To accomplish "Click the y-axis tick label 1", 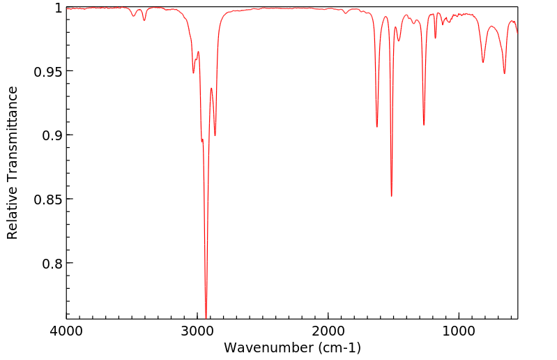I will pyautogui.click(x=58, y=8).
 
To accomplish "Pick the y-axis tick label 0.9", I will pyautogui.click(x=52, y=135).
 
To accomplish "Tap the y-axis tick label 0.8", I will pyautogui.click(x=52, y=264).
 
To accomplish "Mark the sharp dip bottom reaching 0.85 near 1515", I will pyautogui.click(x=392, y=196).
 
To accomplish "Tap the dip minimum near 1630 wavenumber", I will pyautogui.click(x=377, y=127).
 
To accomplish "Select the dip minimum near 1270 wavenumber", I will pyautogui.click(x=424, y=125).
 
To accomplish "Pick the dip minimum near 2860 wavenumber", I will pyautogui.click(x=215, y=135).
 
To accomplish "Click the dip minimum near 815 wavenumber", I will pyautogui.click(x=483, y=63).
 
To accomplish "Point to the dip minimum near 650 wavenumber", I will pyautogui.click(x=505, y=73).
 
